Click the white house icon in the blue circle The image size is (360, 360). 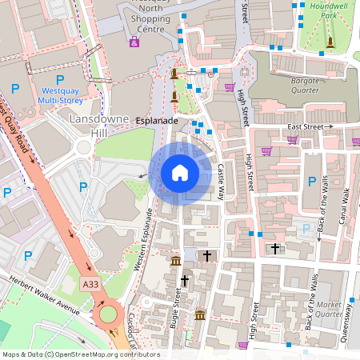(180, 172)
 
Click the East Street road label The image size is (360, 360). (306, 127)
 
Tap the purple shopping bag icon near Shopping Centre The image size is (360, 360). (134, 42)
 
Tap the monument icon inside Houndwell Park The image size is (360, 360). (329, 42)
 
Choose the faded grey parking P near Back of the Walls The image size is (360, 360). (304, 230)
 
